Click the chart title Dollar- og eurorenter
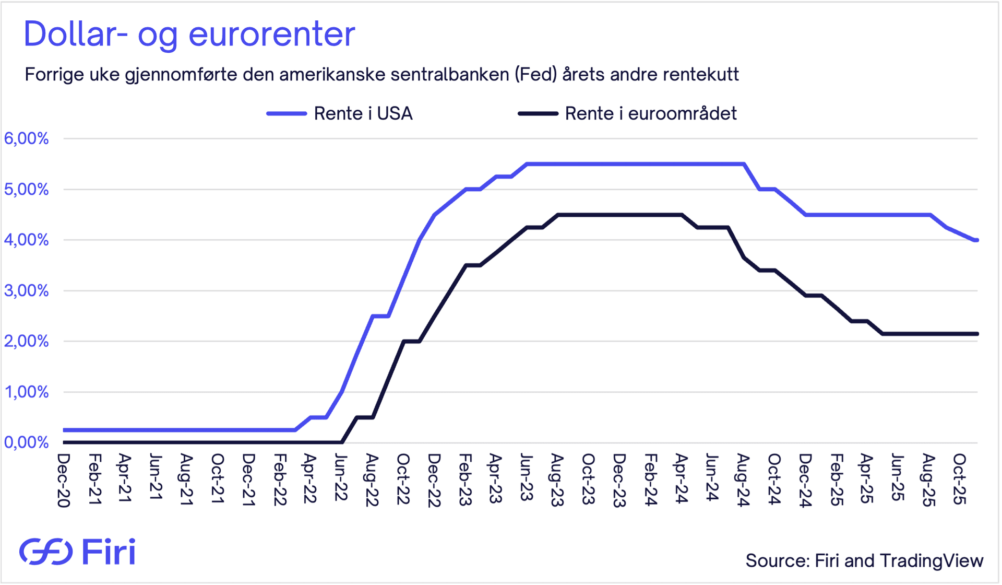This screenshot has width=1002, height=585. [189, 34]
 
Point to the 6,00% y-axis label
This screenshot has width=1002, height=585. [26, 138]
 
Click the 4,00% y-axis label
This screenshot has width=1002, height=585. [26, 240]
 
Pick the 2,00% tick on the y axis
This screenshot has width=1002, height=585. [26, 341]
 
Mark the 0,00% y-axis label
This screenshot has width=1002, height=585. [26, 442]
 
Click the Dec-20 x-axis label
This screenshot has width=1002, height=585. [64, 479]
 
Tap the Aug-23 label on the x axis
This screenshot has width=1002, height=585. [557, 479]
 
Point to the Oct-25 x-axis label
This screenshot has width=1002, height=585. [959, 478]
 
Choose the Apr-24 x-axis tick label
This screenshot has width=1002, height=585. [681, 478]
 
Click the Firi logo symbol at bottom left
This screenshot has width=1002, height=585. [46, 552]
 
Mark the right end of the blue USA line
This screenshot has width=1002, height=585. [976, 240]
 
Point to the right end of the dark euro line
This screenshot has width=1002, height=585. [976, 334]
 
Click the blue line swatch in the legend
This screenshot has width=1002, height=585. [286, 113]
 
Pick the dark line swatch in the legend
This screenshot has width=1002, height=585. [538, 113]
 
